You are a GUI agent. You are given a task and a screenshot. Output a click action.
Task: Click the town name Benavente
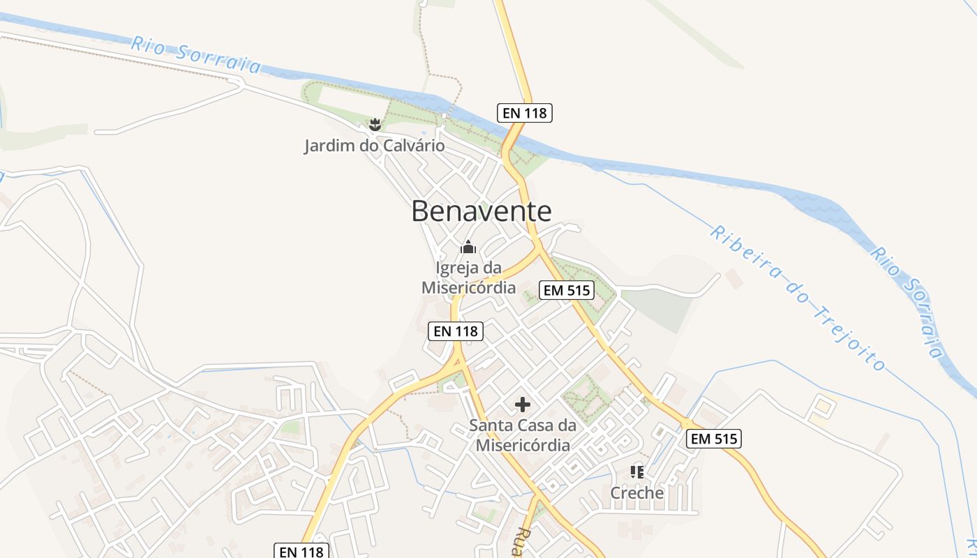pos(481,211)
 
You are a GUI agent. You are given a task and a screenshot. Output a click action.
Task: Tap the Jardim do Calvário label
pos(374,146)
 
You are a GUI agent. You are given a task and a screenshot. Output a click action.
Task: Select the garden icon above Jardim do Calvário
pos(375,126)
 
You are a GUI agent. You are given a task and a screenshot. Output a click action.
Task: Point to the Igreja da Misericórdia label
pos(468,277)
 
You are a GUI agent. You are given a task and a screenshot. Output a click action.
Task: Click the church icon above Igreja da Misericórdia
pos(468,248)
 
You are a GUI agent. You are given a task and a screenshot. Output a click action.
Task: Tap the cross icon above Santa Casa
pos(523,405)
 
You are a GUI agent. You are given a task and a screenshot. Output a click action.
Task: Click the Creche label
pos(636,493)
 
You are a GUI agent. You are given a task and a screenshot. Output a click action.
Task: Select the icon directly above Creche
pos(636,472)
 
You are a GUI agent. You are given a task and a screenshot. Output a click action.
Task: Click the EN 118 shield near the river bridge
pos(525,112)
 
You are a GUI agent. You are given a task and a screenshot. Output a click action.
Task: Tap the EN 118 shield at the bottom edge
pos(301,551)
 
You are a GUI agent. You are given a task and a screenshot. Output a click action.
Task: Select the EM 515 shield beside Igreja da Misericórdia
pos(567,290)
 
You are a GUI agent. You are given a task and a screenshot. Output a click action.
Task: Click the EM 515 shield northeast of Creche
pos(713,439)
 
